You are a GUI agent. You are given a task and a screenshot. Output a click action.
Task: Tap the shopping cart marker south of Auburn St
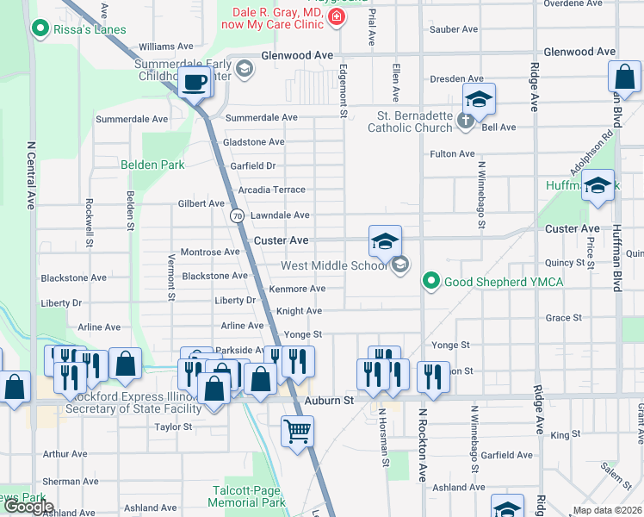click(297, 430)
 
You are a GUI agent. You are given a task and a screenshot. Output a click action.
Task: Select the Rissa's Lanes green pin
click(39, 30)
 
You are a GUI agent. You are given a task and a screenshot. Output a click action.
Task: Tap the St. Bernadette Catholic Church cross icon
click(466, 120)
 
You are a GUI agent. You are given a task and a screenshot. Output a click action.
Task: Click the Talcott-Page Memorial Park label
click(248, 496)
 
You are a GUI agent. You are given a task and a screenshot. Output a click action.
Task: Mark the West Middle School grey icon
click(399, 265)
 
